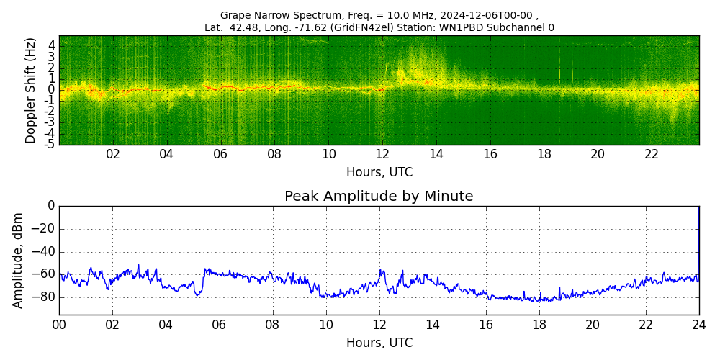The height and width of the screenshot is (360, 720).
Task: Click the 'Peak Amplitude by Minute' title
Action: coord(379,197)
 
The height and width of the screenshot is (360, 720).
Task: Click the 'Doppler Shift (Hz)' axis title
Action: coord(31,91)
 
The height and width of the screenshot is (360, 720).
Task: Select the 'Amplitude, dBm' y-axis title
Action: coord(19,260)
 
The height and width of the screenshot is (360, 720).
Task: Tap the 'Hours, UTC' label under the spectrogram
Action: coord(379,173)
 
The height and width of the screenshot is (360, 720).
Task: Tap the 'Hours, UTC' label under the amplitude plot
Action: coord(379,343)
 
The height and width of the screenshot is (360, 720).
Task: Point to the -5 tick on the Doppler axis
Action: coord(50,144)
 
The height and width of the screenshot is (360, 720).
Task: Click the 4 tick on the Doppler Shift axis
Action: coord(52,45)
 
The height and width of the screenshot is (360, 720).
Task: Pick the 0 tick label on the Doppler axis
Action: coord(52,89)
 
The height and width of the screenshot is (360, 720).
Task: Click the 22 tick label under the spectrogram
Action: coord(652,154)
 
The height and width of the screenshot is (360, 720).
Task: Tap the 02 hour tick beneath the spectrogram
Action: coord(113,154)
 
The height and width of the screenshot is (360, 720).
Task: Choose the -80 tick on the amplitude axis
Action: coord(45,297)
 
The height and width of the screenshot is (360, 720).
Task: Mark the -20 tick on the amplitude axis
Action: coord(45,229)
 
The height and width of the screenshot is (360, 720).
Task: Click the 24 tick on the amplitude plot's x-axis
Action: coord(698,325)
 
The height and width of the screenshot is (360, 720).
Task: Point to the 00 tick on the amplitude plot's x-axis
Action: coord(59,325)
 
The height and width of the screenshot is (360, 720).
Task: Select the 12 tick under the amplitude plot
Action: coord(379,325)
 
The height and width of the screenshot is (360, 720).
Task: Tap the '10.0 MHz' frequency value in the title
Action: coord(348,15)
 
